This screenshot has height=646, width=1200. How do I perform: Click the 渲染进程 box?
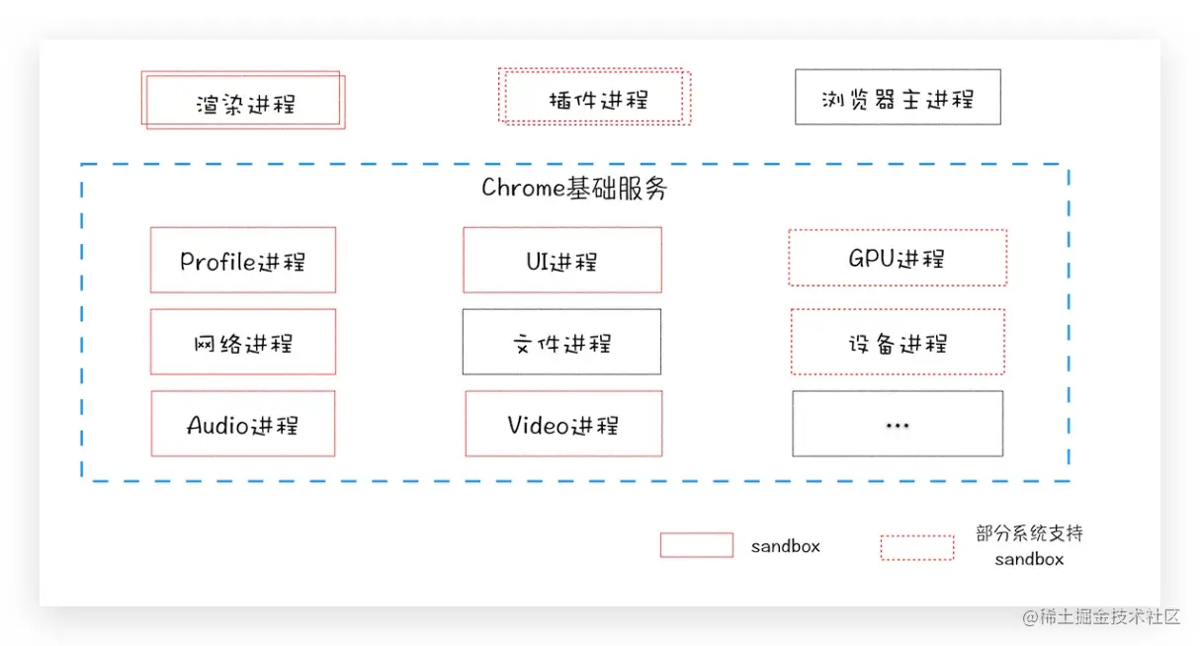click(243, 101)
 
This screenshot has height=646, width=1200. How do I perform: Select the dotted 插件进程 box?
click(594, 97)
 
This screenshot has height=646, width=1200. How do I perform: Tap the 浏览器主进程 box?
click(898, 97)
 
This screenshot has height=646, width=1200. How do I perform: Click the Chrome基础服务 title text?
click(574, 189)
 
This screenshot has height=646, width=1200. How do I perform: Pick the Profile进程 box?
click(242, 261)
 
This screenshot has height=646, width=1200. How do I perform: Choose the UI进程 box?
click(561, 261)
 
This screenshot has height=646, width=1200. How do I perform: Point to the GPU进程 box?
click(898, 259)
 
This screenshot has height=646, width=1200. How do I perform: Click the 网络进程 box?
click(242, 343)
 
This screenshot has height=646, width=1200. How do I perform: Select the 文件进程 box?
click(561, 343)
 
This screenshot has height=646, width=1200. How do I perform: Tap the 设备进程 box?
click(898, 343)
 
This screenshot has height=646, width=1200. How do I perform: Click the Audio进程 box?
click(242, 425)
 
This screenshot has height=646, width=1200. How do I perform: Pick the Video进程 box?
click(562, 425)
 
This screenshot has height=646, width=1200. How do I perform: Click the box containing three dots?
click(898, 425)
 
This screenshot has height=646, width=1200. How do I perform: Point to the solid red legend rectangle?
click(697, 545)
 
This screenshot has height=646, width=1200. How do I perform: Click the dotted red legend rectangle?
click(917, 547)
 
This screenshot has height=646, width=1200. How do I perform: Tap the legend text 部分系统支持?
click(1029, 533)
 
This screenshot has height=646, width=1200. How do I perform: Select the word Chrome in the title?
click(523, 189)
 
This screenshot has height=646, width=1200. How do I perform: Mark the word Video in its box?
click(539, 425)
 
